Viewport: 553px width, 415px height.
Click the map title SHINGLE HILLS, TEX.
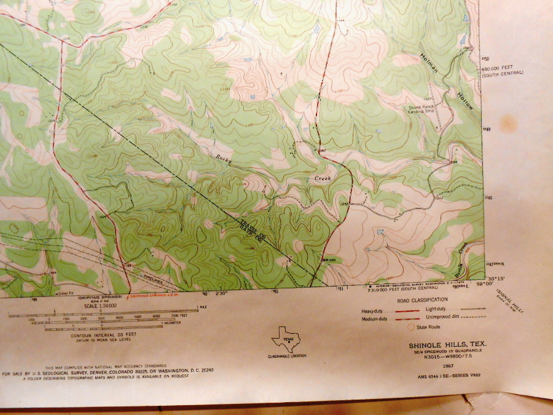click(447, 345)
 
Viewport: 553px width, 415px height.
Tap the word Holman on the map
click(430, 64)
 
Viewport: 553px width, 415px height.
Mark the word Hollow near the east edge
click(465, 101)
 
